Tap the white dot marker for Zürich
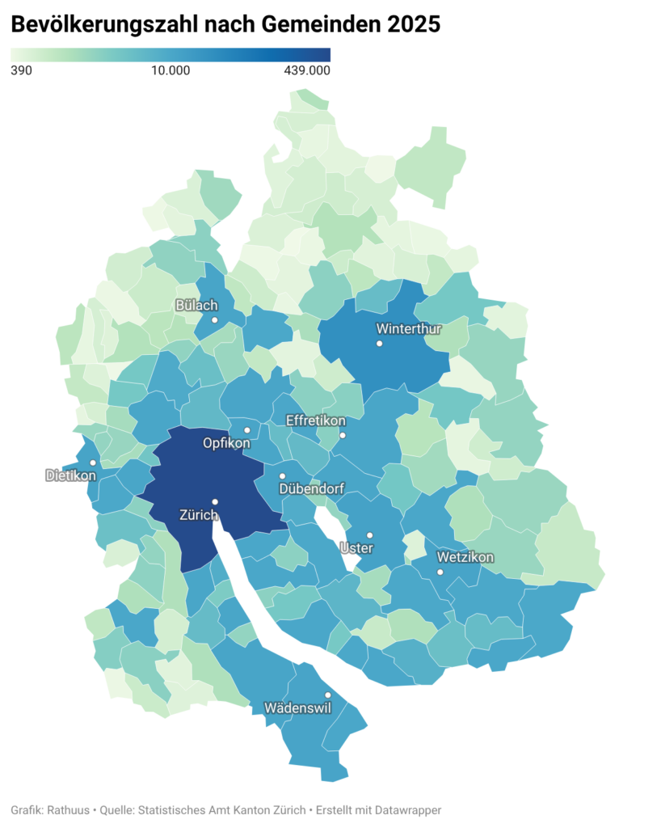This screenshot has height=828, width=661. [x=215, y=502]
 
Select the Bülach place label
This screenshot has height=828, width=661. [x=196, y=305]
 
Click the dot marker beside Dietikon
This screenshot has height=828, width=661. [x=93, y=463]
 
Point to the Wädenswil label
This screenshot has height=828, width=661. [x=297, y=708]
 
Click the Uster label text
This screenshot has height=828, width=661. [x=357, y=548]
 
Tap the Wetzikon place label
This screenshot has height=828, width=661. [x=465, y=557]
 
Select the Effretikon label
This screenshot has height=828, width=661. [x=316, y=421]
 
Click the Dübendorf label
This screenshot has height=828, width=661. [x=311, y=489]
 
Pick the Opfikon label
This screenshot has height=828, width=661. [x=226, y=444]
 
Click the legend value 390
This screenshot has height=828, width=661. [x=21, y=70]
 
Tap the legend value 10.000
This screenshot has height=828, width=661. [x=171, y=70]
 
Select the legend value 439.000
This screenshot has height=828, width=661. [x=307, y=70]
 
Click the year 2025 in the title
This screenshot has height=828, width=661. [x=414, y=26]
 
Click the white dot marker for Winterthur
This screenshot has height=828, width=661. [x=378, y=344]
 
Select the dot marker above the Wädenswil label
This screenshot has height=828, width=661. [x=327, y=695]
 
